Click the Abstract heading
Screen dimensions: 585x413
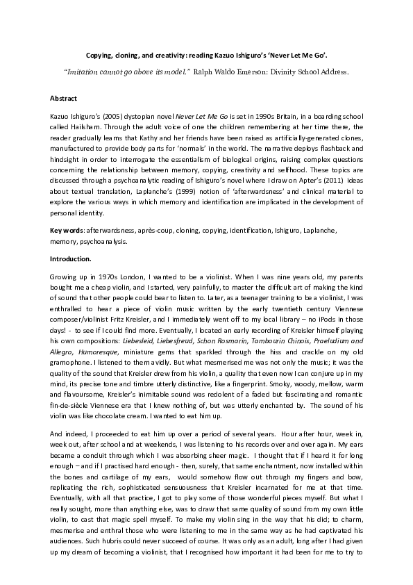coord(64,98)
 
